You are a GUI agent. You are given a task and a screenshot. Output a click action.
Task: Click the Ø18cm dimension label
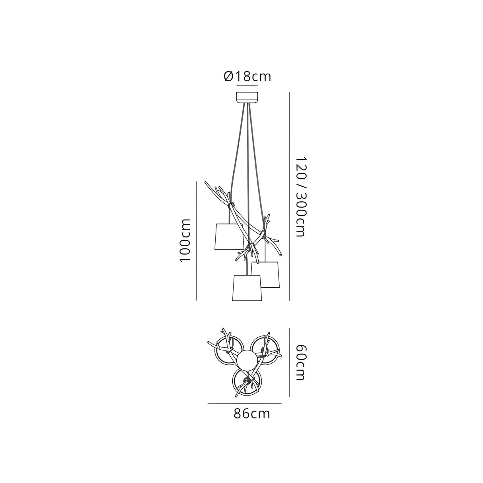click(247, 76)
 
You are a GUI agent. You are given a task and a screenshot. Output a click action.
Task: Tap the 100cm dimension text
click(185, 241)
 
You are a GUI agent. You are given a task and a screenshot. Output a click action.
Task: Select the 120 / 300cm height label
click(301, 197)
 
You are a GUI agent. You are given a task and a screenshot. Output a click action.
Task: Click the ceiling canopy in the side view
click(247, 98)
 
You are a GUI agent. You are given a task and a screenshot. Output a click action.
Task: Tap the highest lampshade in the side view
click(229, 236)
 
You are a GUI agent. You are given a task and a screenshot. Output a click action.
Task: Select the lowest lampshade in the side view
click(247, 288)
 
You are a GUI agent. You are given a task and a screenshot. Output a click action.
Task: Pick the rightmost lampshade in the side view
click(265, 275)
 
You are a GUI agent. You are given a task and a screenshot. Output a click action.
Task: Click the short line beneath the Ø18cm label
click(247, 86)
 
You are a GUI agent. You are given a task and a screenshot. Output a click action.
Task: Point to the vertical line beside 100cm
click(197, 241)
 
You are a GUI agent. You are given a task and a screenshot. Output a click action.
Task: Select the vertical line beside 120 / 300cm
click(290, 196)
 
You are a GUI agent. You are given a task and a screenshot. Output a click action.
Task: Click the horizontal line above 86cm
click(245, 403)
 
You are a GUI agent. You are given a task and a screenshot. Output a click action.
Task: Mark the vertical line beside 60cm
click(290, 362)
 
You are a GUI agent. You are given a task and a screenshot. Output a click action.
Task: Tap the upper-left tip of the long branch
click(205, 182)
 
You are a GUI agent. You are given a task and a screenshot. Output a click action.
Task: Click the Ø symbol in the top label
click(229, 76)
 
